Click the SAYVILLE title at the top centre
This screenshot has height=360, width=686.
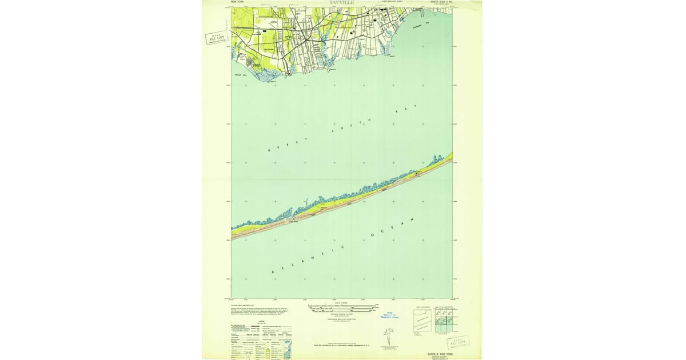[342, 3]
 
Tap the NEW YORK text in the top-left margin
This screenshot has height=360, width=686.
[237, 2]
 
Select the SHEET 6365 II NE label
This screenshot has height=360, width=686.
[441, 2]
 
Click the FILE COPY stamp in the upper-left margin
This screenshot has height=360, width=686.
[217, 38]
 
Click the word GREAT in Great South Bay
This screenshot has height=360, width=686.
[288, 144]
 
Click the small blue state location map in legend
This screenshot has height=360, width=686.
[288, 349]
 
